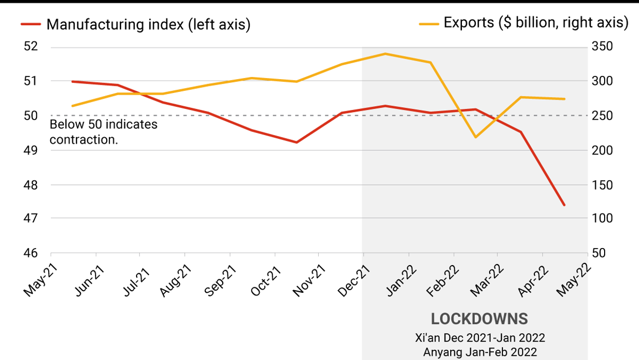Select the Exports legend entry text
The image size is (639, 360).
pos(536,23)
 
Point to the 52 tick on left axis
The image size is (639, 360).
pos(31,47)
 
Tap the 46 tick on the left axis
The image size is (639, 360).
pos(31,253)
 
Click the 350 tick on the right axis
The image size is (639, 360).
pos(602,47)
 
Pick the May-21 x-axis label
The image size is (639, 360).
pos(40,281)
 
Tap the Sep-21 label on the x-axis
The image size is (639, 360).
pos(218,281)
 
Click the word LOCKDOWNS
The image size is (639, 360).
pos(479,319)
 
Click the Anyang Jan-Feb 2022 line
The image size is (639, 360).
pos(480,352)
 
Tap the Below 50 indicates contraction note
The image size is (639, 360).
pos(103,132)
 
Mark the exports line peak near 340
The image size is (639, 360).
pos(385,53)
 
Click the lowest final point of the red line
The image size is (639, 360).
pos(565,205)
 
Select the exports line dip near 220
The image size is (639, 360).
pos(475,137)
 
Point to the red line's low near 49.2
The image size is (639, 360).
pos(297,142)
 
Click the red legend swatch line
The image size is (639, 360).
pos(30,24)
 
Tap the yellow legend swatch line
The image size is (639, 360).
pos(429,23)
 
